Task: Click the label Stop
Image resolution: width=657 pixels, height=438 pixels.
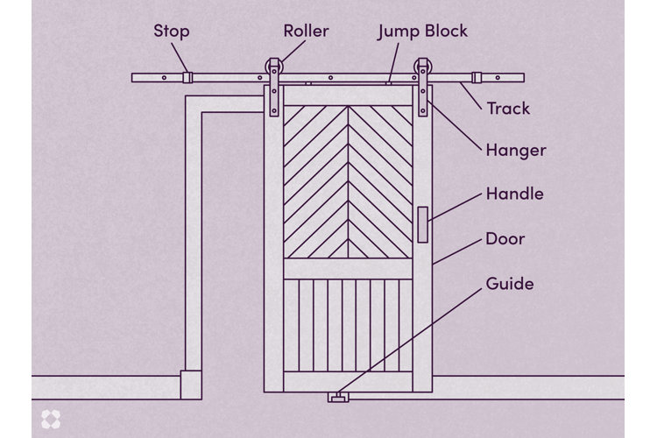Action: [x=172, y=32]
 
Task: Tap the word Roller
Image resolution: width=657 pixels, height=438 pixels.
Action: [x=306, y=32]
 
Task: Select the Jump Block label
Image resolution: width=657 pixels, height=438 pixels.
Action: [x=422, y=32]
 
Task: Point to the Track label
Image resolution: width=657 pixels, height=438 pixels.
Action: [x=508, y=109]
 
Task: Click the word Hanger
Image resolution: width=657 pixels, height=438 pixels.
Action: [x=515, y=150]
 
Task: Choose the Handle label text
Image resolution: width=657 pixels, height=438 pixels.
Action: [x=514, y=194]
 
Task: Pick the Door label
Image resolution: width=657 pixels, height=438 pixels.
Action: [x=505, y=238]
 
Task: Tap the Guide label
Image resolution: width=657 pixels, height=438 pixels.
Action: [x=509, y=284]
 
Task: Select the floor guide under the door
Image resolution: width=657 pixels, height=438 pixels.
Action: [x=337, y=399]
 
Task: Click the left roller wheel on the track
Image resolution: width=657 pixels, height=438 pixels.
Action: [x=275, y=68]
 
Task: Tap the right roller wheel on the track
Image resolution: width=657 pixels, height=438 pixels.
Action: [x=425, y=68]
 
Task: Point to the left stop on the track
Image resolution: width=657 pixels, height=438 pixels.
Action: [x=187, y=77]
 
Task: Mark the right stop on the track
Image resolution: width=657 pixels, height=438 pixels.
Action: [x=477, y=77]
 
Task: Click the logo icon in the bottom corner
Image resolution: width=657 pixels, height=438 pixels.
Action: [x=50, y=418]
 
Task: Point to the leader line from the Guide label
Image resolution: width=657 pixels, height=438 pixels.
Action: [x=412, y=342]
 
